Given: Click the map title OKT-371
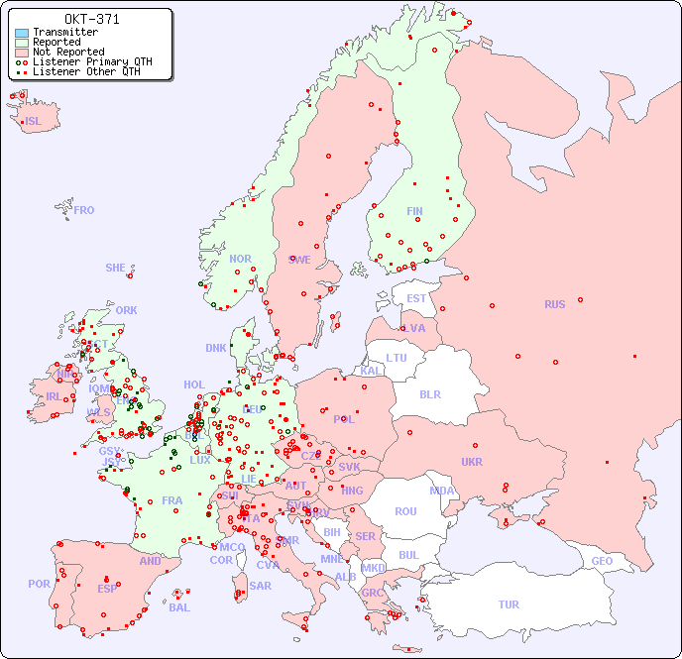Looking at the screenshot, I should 91,19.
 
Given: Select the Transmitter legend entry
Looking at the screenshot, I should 57,33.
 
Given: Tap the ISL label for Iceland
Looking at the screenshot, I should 34,122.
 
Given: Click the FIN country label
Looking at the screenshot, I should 414,211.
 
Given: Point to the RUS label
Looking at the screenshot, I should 554,304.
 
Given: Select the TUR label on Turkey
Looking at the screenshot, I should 509,604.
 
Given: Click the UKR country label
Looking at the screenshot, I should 472,462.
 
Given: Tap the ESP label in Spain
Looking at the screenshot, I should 107,588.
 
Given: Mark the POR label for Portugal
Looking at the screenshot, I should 39,584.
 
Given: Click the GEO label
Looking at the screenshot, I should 602,561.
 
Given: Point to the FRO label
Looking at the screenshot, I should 84,210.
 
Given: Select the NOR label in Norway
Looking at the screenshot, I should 240,259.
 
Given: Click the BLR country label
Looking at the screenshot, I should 429,393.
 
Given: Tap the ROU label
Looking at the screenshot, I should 405,511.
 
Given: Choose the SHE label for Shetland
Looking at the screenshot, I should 116,268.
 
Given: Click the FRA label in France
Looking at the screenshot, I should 172,500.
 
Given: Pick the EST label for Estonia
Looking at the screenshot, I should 416,298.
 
